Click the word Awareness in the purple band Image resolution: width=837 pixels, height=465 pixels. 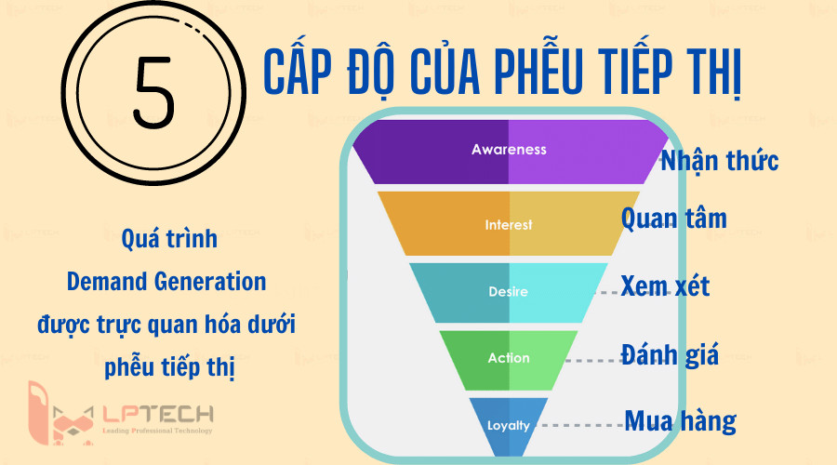pos(509,149)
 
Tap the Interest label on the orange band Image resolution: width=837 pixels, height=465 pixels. pos(509,225)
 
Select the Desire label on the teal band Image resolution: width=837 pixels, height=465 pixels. pos(508,292)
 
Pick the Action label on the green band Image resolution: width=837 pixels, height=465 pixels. pos(509,358)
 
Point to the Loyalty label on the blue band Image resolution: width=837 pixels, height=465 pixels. pos(509,426)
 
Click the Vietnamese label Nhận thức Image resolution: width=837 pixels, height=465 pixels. pos(719,160)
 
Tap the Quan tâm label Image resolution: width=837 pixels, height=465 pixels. pos(674,219)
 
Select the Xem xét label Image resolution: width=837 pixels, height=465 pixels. pos(665,285)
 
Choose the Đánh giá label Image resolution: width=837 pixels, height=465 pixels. pos(670,353)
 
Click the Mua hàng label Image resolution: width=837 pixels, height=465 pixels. pos(680,421)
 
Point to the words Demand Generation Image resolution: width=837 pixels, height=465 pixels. pos(166,281)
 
